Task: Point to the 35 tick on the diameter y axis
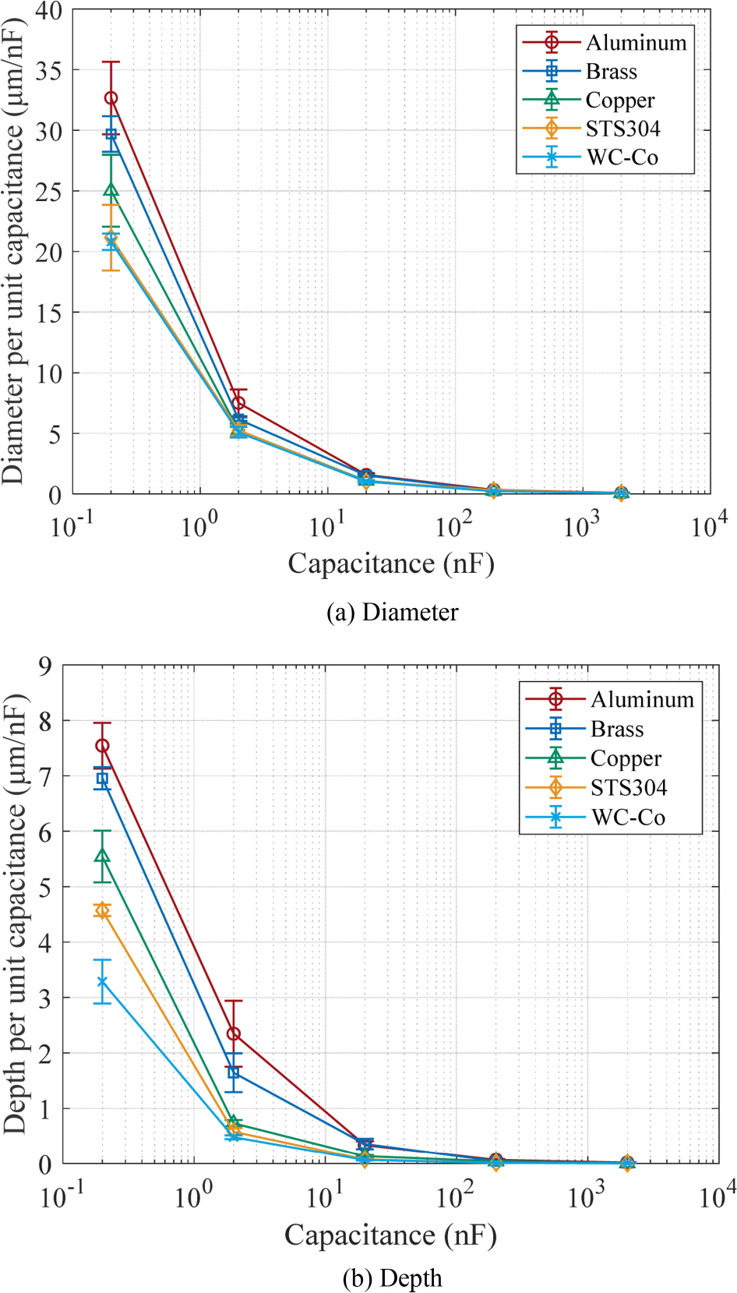tap(48, 70)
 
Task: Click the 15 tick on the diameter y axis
tap(48, 313)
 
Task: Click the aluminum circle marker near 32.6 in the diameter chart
tap(111, 98)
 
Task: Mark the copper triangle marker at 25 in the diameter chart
tap(111, 190)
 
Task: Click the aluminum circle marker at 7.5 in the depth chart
tap(102, 746)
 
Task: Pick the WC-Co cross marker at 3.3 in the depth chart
tap(102, 982)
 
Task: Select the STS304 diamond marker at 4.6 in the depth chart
tap(102, 910)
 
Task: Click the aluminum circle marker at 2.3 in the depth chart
tap(233, 1034)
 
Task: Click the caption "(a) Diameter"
tap(392, 613)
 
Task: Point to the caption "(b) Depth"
tap(392, 1278)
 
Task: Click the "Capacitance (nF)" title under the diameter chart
tap(391, 563)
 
